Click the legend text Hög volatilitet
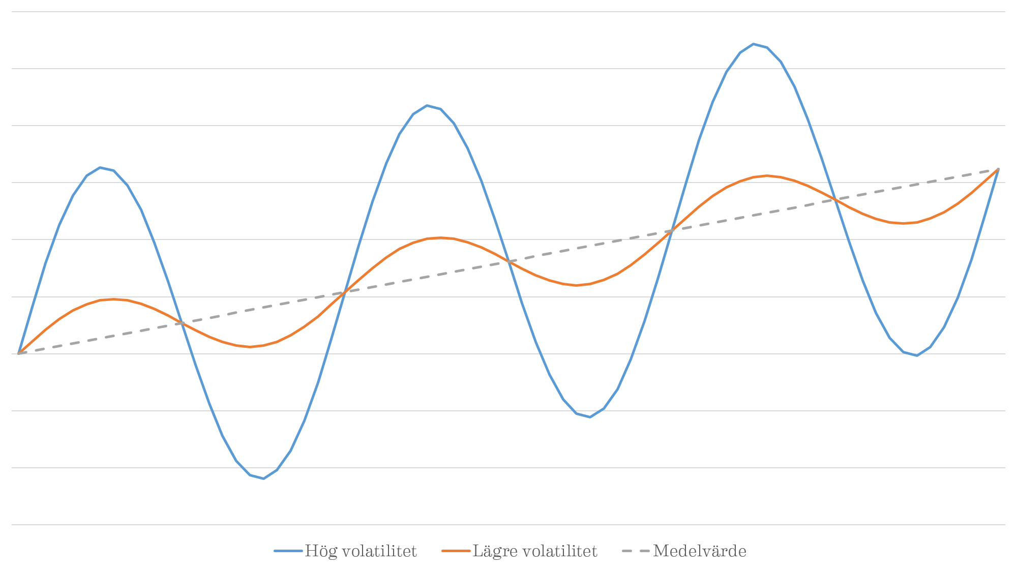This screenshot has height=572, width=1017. coord(361,551)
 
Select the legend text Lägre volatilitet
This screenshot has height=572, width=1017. coord(535,551)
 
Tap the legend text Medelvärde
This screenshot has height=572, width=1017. coord(700,551)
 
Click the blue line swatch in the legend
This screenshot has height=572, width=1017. coord(288,551)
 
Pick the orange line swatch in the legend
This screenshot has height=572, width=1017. coord(456,551)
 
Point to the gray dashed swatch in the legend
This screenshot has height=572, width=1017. coord(636,551)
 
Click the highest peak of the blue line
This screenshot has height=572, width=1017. coord(754,44)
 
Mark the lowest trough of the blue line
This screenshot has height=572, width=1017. coord(263,478)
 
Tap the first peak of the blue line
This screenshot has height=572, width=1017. coord(100,167)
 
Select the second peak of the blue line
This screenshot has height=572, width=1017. coord(427,106)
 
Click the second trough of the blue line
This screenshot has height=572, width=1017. coord(590,417)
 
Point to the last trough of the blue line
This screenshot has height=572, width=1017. coord(917,355)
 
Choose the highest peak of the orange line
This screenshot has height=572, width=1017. coord(766,176)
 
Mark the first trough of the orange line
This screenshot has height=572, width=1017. coord(250,347)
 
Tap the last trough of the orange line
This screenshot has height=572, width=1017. coord(904,223)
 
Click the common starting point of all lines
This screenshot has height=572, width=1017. coord(19,353)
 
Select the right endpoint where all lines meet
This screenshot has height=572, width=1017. coord(998,169)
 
